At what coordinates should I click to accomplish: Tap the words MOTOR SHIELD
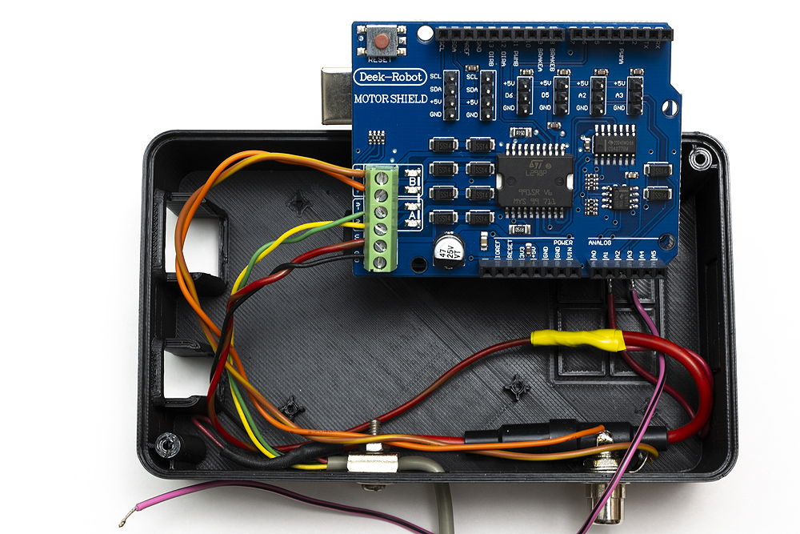tap(390, 99)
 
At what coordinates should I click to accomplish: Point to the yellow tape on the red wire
tap(577, 340)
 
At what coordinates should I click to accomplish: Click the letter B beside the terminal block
tap(413, 181)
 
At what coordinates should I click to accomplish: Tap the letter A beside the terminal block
tap(413, 215)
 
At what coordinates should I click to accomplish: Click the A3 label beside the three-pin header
tap(620, 94)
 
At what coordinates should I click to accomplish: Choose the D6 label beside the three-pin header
tap(509, 94)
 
